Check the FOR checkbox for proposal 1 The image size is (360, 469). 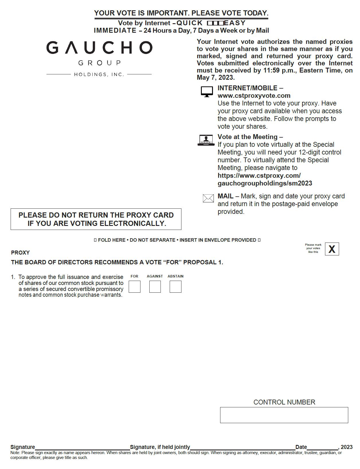click(x=134, y=287)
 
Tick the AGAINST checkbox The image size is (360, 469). click(x=155, y=287)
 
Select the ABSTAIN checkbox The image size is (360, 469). click(x=175, y=287)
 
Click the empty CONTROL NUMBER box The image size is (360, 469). click(x=284, y=415)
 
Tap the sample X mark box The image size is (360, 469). click(x=332, y=249)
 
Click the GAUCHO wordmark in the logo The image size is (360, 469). click(x=99, y=48)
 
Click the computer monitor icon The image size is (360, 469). click(x=207, y=92)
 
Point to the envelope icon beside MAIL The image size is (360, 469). click(x=208, y=198)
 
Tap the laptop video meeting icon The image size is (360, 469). click(x=206, y=140)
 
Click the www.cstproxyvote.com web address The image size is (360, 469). click(x=254, y=96)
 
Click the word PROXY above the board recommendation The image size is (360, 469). click(x=20, y=253)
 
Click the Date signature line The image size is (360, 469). click(x=322, y=447)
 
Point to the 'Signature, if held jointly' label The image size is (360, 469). click(x=160, y=447)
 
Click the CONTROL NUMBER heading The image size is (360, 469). click(x=284, y=402)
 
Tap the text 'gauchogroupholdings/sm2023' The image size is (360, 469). click(x=265, y=183)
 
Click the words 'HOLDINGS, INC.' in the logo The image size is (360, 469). click(x=99, y=75)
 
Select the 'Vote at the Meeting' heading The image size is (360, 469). click(x=248, y=137)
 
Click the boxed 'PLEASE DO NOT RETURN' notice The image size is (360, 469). click(x=96, y=219)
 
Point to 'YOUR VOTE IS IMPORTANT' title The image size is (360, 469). click(x=181, y=13)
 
